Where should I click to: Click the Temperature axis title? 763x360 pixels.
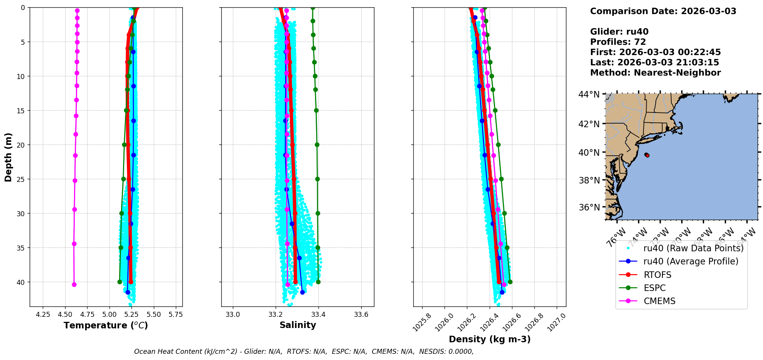[106, 325]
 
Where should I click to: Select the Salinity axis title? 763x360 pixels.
[298, 325]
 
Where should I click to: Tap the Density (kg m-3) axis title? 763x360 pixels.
[490, 339]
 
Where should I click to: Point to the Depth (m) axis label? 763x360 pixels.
[8, 157]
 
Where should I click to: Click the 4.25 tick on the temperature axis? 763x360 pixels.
[43, 315]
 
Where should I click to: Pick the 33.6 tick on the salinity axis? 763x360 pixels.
[361, 315]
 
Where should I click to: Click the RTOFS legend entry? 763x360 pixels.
[657, 275]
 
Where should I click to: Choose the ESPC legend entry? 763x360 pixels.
[655, 288]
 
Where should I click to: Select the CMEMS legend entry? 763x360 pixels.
[659, 301]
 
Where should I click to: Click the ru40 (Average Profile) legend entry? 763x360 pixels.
[691, 261]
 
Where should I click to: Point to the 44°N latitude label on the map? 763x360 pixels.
[589, 94]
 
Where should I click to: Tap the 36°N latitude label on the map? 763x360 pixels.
[589, 207]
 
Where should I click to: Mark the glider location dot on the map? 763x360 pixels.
[647, 155]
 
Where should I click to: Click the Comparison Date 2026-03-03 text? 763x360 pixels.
[663, 11]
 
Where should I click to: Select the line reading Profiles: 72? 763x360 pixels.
[618, 42]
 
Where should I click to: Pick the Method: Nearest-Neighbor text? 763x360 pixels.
[655, 73]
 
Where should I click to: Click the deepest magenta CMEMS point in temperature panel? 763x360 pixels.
[74, 284]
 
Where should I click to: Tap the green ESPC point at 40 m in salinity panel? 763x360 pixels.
[318, 282]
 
